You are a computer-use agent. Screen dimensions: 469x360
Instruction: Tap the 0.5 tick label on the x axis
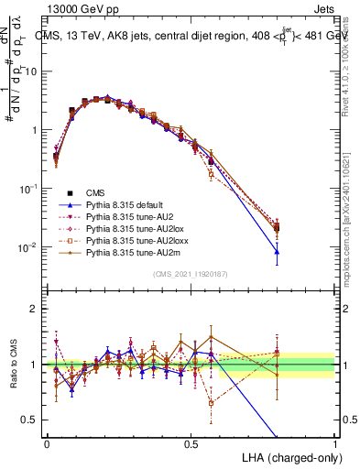click(x=191, y=442)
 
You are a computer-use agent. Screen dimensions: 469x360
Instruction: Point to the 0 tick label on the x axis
click(x=47, y=442)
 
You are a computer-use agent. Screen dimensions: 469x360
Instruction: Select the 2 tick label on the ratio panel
click(x=35, y=309)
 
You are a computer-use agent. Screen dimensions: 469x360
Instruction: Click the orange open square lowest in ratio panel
click(x=212, y=402)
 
